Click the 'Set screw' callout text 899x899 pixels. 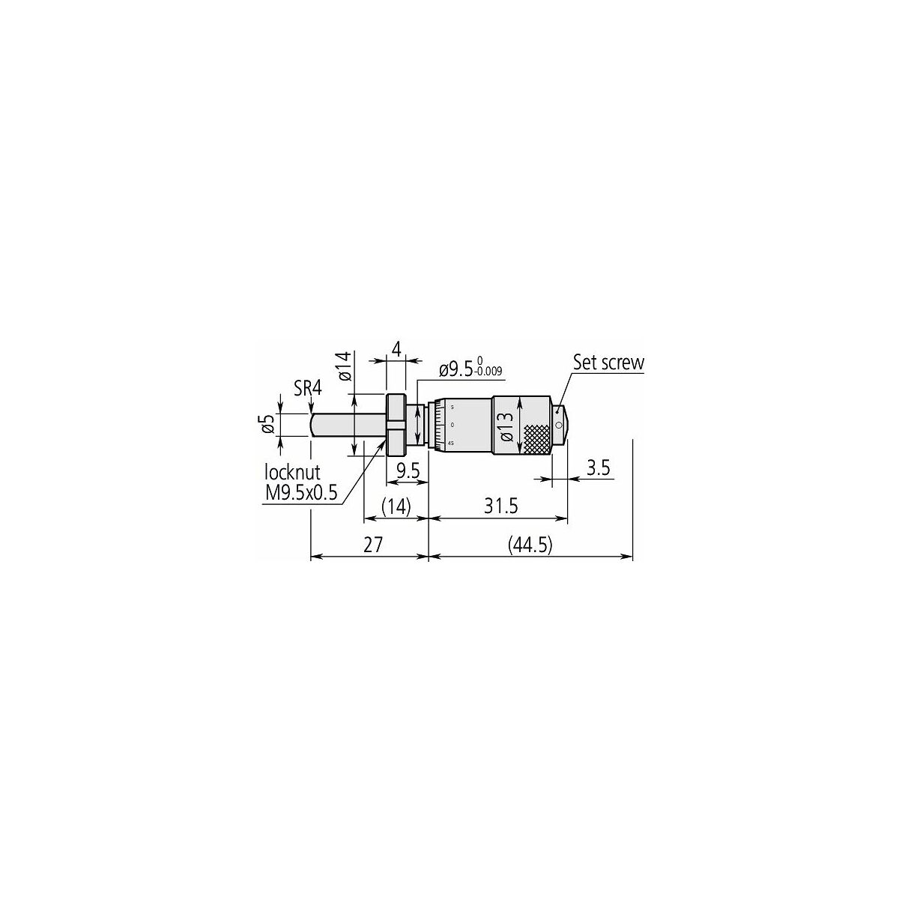(608, 363)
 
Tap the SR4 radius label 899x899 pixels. (308, 388)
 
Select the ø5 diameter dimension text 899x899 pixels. (267, 424)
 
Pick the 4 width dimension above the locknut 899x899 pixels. (396, 348)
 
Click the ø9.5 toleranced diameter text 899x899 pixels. (456, 370)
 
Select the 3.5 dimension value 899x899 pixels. (598, 468)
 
